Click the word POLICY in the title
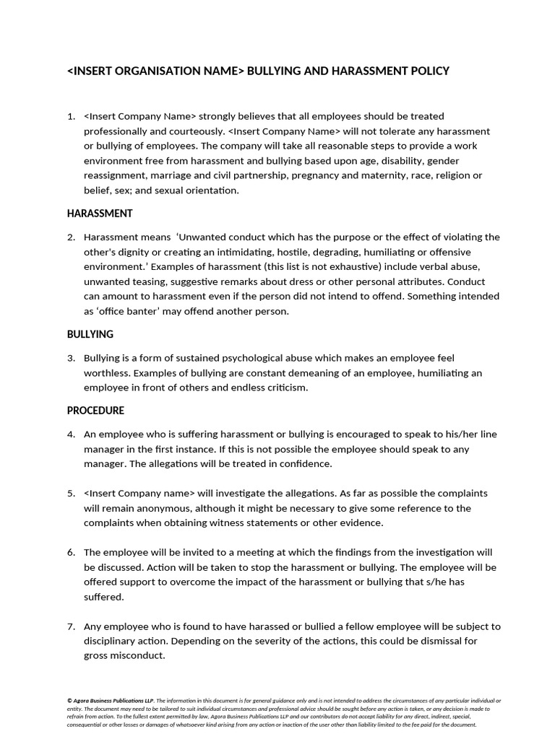(429, 71)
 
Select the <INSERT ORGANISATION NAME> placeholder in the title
(155, 71)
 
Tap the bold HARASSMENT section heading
(100, 214)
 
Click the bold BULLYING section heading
(90, 334)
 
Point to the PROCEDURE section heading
(95, 411)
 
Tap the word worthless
(108, 373)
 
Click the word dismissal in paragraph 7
(424, 641)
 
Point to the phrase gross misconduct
(124, 655)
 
